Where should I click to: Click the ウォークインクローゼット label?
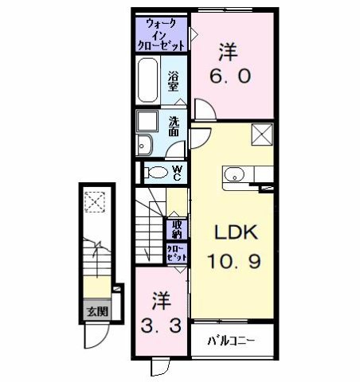tap(161, 35)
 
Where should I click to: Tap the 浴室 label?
tap(173, 81)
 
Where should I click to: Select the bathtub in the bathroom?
tap(147, 80)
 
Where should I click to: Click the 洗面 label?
tap(174, 127)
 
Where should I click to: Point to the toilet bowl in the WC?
tap(158, 173)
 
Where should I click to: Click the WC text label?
tap(177, 173)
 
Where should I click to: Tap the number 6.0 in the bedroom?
tap(230, 76)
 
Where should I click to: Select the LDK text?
tap(236, 232)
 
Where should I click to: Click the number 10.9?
tap(234, 261)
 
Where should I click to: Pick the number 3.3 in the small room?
tap(161, 325)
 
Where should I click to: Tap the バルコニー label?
tap(231, 341)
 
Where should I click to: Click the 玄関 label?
tap(98, 311)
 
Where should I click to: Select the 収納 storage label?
tap(177, 229)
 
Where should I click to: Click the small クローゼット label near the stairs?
tap(177, 253)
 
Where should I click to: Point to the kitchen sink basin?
tap(234, 175)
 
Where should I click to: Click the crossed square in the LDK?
tap(262, 134)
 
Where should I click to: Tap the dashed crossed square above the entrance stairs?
tap(95, 202)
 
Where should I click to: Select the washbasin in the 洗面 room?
tap(144, 145)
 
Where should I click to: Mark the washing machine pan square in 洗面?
tap(147, 121)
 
